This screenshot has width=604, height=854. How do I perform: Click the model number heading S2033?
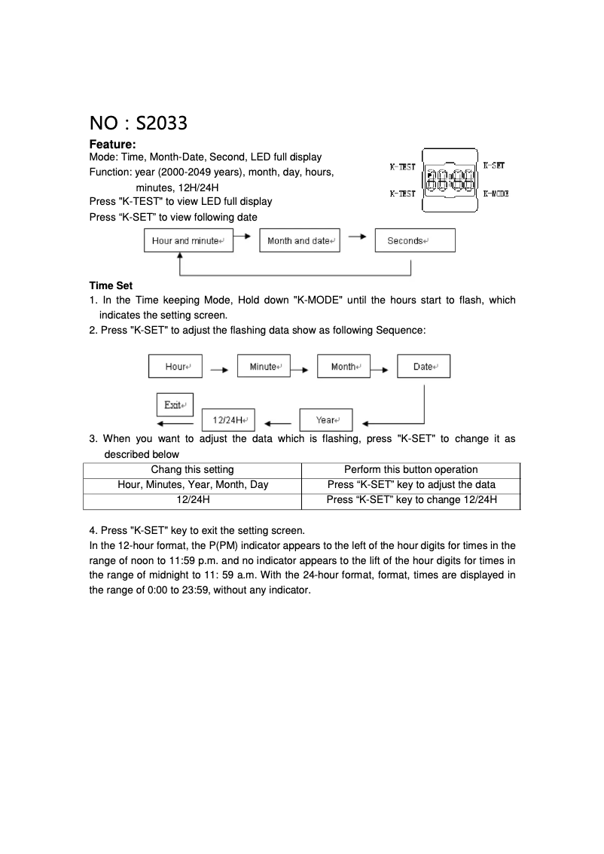point(138,122)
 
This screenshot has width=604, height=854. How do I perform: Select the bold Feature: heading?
point(112,144)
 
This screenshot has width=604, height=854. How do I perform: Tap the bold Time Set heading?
point(111,285)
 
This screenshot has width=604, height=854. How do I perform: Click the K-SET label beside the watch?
point(493,165)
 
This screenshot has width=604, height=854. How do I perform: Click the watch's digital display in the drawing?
point(450,180)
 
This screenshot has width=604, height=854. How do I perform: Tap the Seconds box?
point(414,241)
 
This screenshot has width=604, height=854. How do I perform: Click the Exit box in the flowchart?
point(175,404)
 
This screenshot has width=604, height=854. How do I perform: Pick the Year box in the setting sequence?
point(326,419)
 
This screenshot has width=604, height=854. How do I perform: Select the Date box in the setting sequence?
point(423,367)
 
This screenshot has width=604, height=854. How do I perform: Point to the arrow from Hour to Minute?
point(219,370)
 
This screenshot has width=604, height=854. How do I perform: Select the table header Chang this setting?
point(193,469)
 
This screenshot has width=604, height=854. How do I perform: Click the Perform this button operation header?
point(410,469)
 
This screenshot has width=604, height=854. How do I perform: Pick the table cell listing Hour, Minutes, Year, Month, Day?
point(193,484)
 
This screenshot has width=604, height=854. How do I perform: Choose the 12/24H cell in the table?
point(193,499)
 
